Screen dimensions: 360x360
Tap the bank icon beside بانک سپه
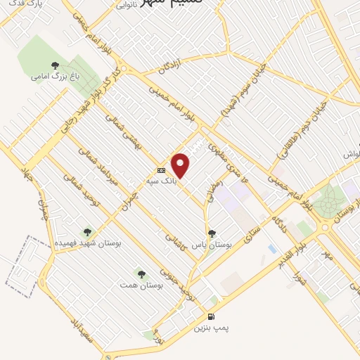click(x=162, y=170)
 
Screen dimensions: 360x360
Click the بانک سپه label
click(x=160, y=181)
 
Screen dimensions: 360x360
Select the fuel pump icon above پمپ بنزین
click(x=212, y=317)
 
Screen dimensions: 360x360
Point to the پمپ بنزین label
click(x=212, y=328)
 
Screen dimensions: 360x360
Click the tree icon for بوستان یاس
click(x=212, y=233)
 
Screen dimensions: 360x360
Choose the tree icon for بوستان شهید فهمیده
click(x=88, y=231)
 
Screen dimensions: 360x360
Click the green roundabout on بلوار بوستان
click(x=324, y=205)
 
